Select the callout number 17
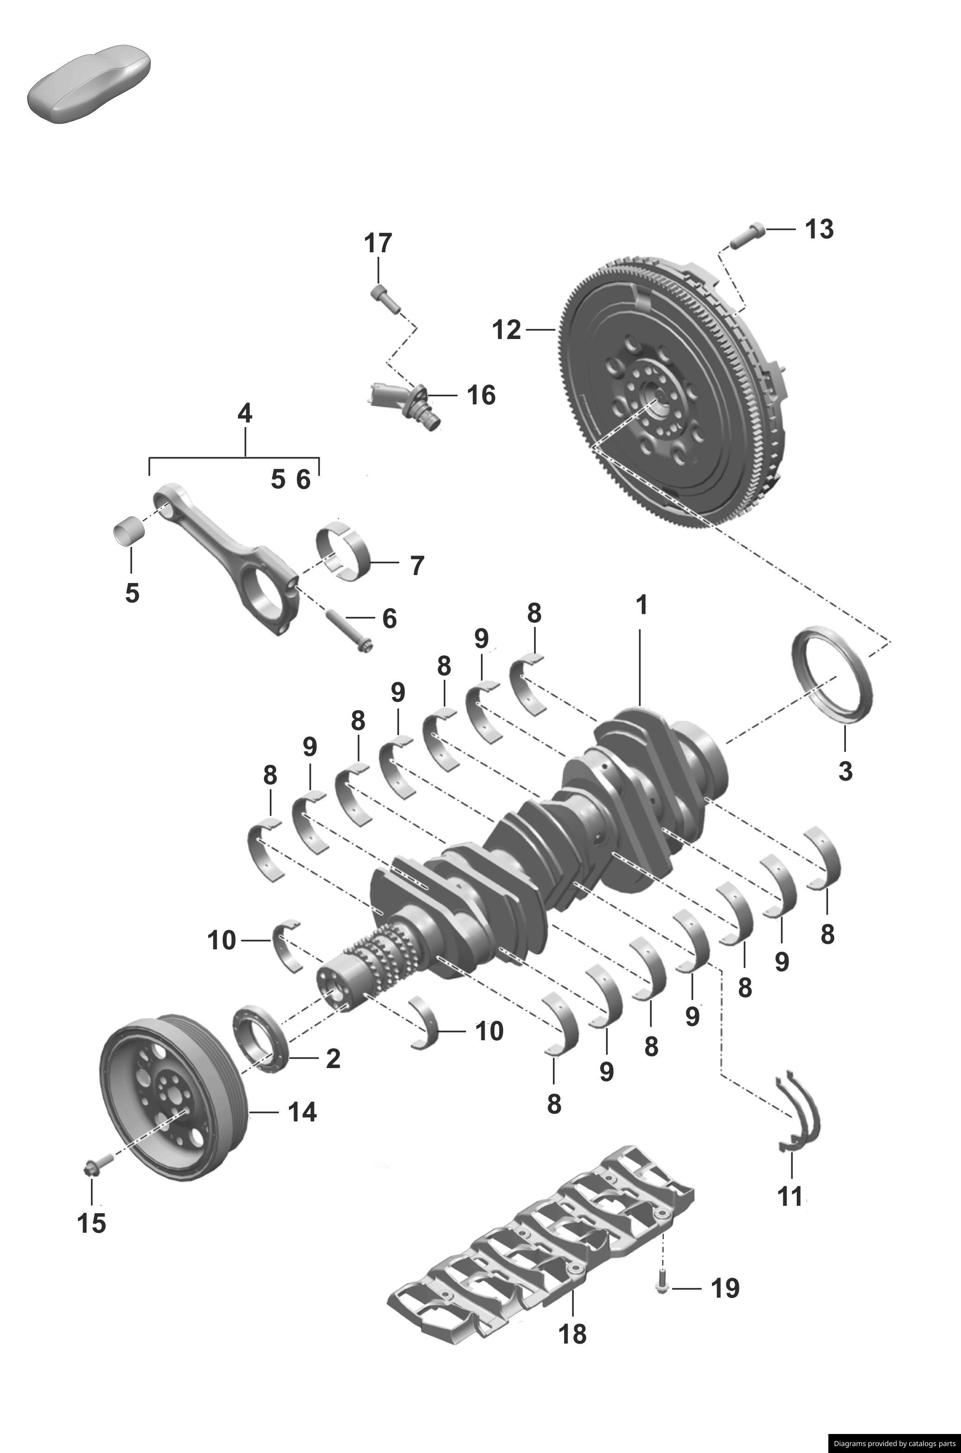tap(378, 243)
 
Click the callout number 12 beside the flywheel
tap(506, 330)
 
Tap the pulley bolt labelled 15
tap(97, 1163)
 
